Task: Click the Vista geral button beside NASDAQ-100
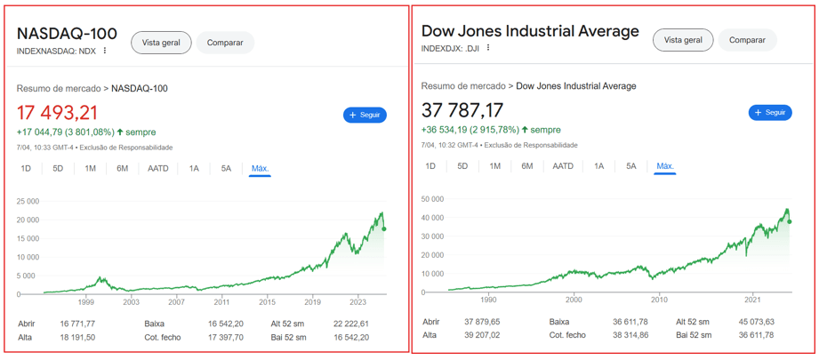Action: pyautogui.click(x=161, y=43)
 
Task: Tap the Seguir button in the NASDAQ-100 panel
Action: pyautogui.click(x=365, y=115)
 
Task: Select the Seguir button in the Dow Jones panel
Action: pyautogui.click(x=770, y=113)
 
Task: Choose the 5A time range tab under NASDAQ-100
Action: pyautogui.click(x=227, y=169)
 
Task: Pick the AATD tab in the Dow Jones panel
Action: pyautogui.click(x=563, y=166)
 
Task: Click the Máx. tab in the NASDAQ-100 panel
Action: pyautogui.click(x=260, y=169)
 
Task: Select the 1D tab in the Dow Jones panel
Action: pyautogui.click(x=430, y=166)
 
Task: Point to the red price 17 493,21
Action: pyautogui.click(x=57, y=113)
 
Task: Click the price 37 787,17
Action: pyautogui.click(x=462, y=110)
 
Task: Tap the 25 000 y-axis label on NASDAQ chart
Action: pyautogui.click(x=28, y=201)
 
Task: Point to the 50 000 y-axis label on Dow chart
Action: pyautogui.click(x=432, y=199)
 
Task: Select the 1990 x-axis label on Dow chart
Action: pyautogui.click(x=488, y=300)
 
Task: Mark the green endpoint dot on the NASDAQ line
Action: pyautogui.click(x=383, y=229)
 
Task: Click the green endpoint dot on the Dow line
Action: pyautogui.click(x=790, y=221)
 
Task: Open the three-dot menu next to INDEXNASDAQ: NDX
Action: pyautogui.click(x=105, y=51)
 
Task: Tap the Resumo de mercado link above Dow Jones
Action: pyautogui.click(x=462, y=86)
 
